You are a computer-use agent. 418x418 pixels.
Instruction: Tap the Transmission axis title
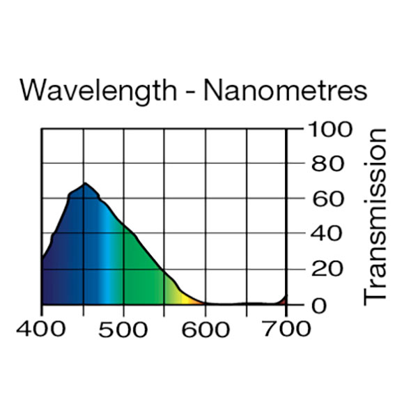click(376, 215)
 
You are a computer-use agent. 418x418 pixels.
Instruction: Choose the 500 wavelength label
click(124, 328)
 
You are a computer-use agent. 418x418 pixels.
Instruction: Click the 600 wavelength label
click(206, 328)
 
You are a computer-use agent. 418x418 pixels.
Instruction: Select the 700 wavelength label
click(286, 328)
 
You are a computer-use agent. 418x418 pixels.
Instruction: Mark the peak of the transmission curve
click(84, 183)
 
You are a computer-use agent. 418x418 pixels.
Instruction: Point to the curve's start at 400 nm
click(42, 259)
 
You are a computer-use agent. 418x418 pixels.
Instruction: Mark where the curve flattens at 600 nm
click(206, 303)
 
